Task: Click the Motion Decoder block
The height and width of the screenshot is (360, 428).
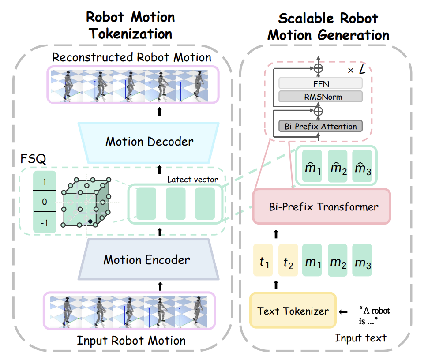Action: [x=149, y=142]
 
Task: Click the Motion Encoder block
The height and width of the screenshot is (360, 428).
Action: [x=146, y=259]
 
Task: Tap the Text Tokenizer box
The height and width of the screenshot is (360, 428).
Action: [x=293, y=311]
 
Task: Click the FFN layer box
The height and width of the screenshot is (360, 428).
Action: [x=320, y=83]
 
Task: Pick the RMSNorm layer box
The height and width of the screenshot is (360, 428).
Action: [x=320, y=97]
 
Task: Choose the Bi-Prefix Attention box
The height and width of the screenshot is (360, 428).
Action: [x=320, y=127]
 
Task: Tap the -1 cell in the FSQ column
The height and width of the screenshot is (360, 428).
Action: [x=45, y=223]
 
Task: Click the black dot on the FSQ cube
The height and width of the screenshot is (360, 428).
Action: [x=90, y=220]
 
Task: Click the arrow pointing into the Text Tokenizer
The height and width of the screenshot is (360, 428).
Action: [x=343, y=311]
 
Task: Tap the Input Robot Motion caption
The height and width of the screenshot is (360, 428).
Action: [x=131, y=341]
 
